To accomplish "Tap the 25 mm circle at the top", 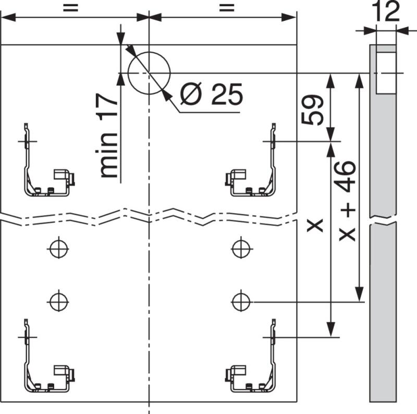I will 149,72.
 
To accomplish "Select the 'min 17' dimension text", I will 109,136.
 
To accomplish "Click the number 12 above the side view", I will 386,12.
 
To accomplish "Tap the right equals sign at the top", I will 225,7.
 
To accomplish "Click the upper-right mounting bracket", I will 253,167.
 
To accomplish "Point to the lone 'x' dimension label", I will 315,226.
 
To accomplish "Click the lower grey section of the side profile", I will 383,313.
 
